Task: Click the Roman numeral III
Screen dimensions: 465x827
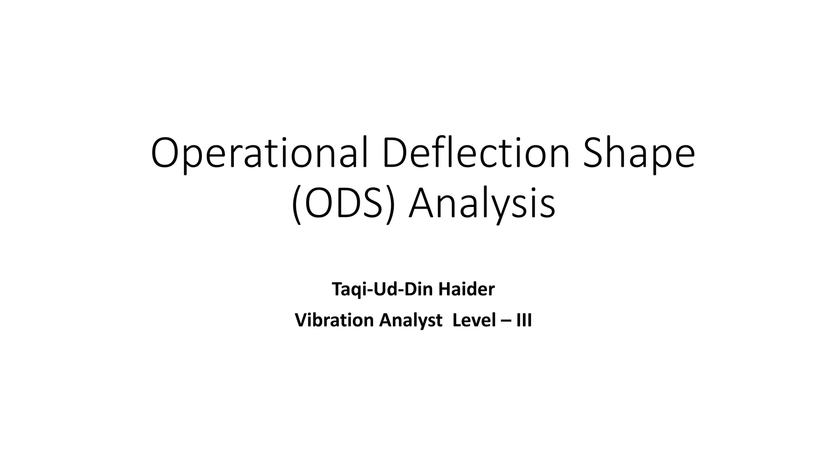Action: pyautogui.click(x=524, y=320)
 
